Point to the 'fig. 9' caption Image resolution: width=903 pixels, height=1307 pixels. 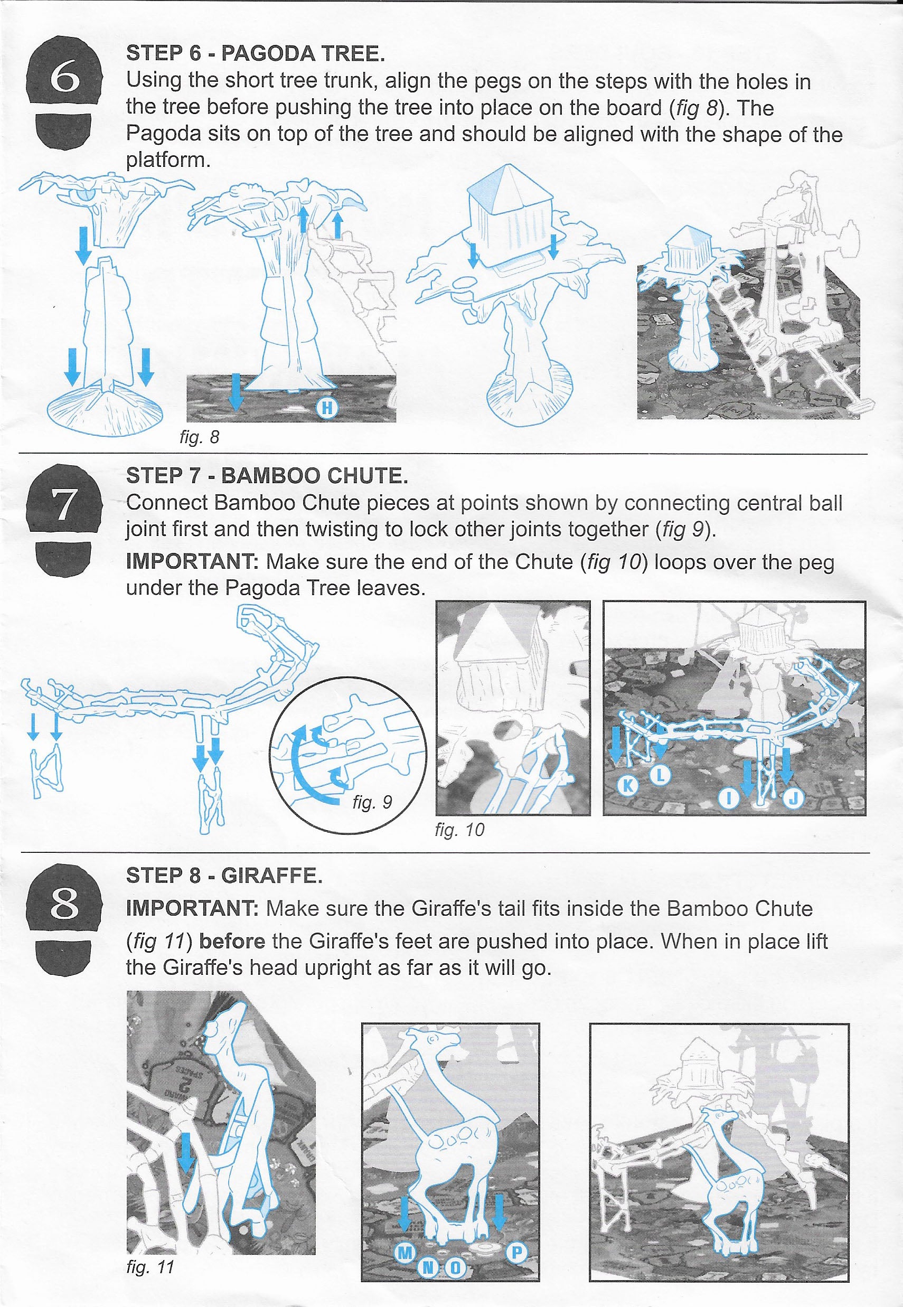point(372,802)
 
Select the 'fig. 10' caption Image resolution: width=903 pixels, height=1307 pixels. point(459,830)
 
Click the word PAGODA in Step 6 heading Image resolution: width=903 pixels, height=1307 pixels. point(269,54)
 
